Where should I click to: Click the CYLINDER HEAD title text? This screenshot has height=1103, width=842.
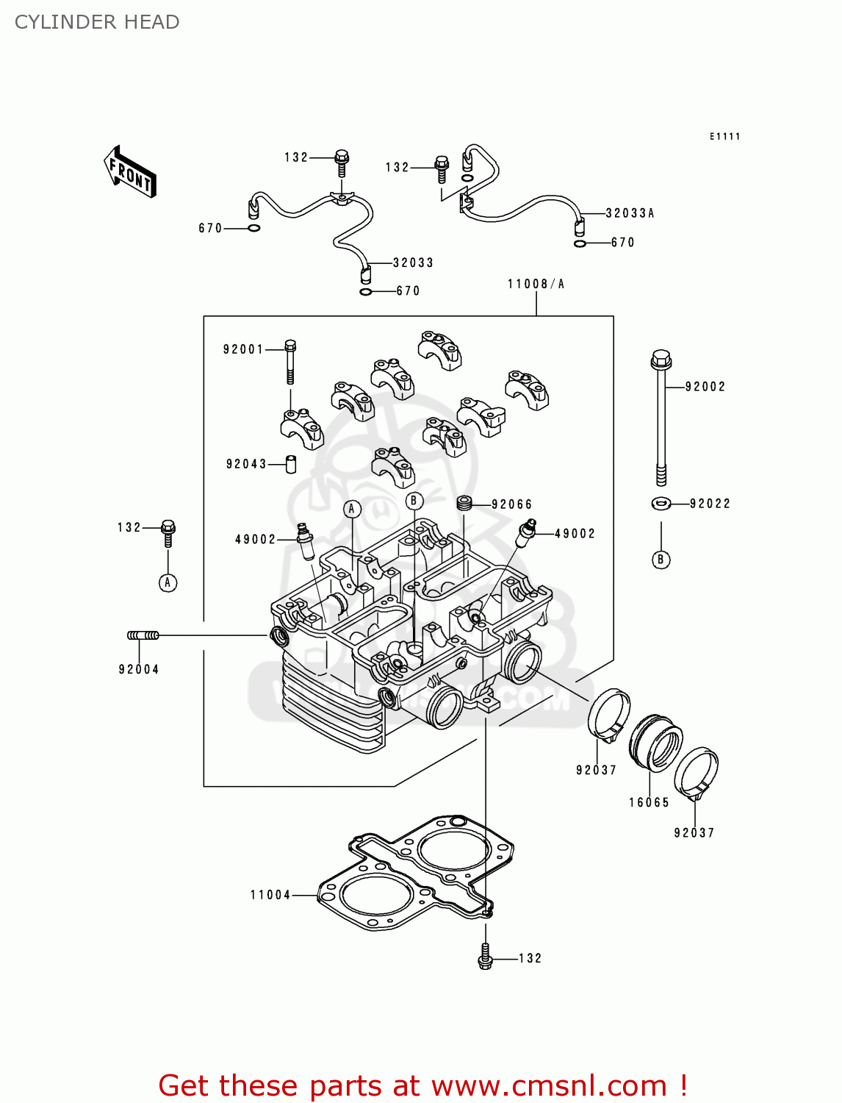pos(97,22)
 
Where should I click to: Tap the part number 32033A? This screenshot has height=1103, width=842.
pos(630,213)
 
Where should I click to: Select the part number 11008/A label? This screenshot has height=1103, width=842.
pos(536,284)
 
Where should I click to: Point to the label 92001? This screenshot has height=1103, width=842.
pos(243,349)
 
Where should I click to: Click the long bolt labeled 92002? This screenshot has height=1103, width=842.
pos(661,419)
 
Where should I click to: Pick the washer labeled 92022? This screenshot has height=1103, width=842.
pos(660,504)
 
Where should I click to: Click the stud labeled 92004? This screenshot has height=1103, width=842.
pos(143,635)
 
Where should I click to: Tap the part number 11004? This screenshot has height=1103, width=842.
pos(270,895)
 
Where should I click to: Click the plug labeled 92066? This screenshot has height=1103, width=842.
pos(464,504)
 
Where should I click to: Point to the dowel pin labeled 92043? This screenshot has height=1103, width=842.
pos(291,464)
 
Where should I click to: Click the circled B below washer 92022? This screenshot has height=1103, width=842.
pos(661,560)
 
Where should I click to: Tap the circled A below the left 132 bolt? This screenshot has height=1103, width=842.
pos(168,583)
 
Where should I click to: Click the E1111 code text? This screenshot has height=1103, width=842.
pos(724,137)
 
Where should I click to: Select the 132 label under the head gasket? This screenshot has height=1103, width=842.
pos(530,958)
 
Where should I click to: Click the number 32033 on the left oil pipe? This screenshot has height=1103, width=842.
pos(413,263)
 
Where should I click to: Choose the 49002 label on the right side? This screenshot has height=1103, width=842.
pos(575,534)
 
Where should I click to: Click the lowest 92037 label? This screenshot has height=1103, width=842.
pos(694,832)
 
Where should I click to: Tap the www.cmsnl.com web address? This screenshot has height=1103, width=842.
pos(549,1085)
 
